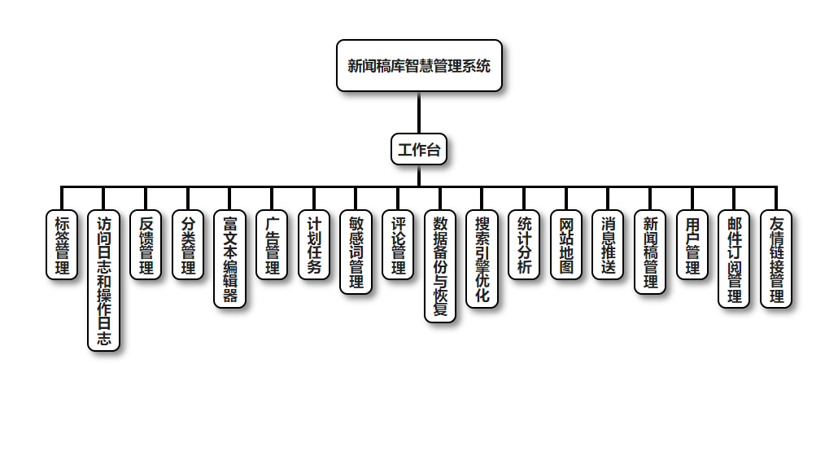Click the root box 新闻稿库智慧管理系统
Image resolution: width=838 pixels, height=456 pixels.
click(419, 66)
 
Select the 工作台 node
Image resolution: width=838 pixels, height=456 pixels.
click(419, 149)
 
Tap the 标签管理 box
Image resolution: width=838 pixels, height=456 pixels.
click(62, 244)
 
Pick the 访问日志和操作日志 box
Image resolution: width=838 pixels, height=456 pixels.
click(104, 280)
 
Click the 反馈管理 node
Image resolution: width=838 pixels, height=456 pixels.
click(146, 244)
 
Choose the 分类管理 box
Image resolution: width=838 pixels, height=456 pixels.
click(188, 244)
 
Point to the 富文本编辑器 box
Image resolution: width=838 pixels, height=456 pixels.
click(230, 258)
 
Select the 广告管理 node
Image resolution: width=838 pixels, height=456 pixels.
click(272, 244)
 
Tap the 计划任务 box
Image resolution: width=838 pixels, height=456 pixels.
click(314, 244)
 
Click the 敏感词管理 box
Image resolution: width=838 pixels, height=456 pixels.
click(356, 252)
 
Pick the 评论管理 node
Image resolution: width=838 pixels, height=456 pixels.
click(398, 244)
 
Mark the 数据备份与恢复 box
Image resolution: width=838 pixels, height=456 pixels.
click(440, 266)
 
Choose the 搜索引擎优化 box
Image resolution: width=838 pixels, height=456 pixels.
click(482, 258)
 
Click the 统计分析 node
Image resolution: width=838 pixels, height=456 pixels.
click(524, 244)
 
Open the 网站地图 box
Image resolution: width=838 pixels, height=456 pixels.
click(566, 244)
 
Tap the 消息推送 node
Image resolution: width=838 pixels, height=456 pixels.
click(609, 244)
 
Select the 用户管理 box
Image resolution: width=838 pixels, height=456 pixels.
click(692, 244)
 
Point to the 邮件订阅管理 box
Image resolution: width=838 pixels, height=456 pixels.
click(735, 258)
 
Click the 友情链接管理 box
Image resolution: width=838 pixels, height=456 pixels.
click(776, 258)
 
